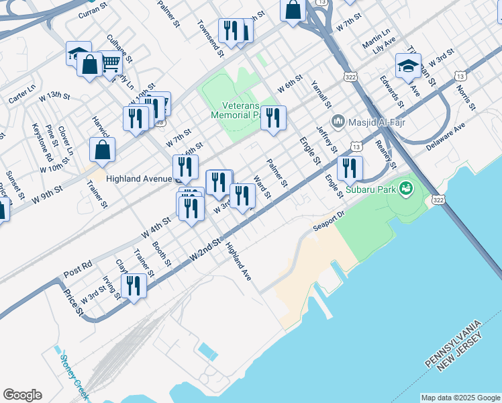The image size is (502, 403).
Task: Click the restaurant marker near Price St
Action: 135,287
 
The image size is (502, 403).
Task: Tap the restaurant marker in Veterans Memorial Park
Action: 273,118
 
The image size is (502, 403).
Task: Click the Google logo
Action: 22,395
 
